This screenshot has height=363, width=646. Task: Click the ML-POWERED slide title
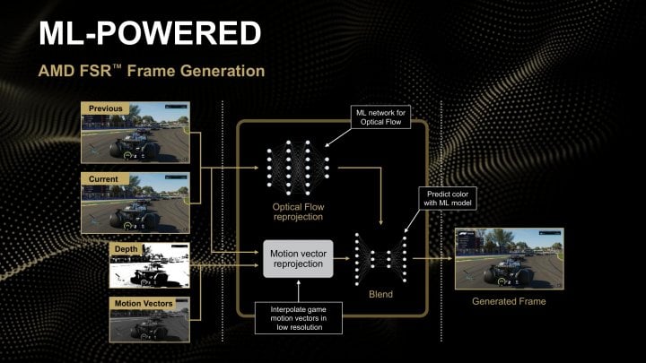(x=150, y=32)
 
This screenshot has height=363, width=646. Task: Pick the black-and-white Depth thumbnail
(x=149, y=265)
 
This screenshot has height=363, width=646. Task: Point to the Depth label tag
(x=126, y=247)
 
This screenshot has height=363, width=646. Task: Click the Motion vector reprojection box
(x=297, y=260)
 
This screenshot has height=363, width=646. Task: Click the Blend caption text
(x=380, y=293)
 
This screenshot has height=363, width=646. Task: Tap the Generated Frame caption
(x=509, y=302)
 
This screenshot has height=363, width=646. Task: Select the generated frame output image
(x=509, y=257)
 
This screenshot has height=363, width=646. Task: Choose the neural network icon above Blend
(x=380, y=258)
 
